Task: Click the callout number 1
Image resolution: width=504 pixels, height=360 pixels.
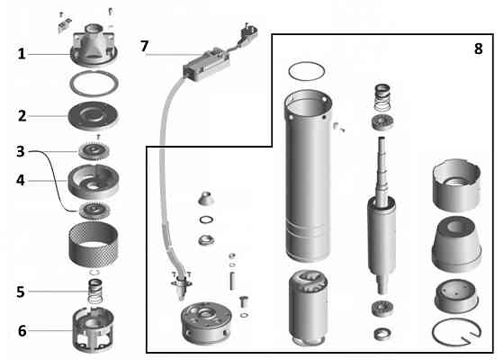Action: [x=21, y=54]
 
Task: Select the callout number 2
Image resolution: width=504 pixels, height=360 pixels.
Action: [x=21, y=115]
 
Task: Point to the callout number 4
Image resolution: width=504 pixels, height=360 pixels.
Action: [x=21, y=179]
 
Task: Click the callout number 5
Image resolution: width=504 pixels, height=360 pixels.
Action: [x=21, y=292]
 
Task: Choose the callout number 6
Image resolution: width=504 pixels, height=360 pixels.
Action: [x=21, y=330]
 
